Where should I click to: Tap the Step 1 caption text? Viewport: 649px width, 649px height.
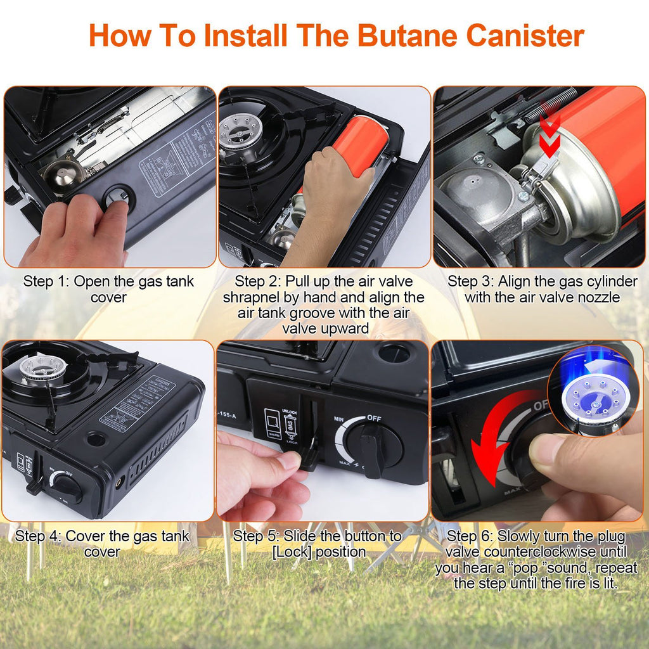coord(108,289)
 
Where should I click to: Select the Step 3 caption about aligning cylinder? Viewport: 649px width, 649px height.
coord(542,289)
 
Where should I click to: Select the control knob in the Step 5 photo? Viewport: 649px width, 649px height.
coord(371,446)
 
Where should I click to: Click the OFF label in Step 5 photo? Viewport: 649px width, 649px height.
coord(375,419)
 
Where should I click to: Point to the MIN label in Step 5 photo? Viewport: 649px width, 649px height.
coord(340,419)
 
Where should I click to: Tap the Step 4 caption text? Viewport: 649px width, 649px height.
coord(102,544)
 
